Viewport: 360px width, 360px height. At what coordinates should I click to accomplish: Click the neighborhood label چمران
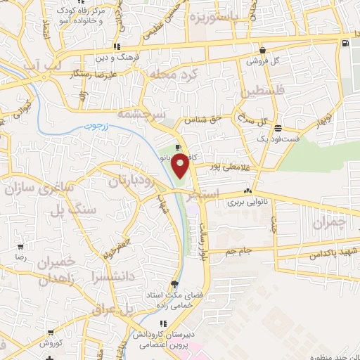click(x=328, y=224)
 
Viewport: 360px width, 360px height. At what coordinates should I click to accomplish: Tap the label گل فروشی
click(x=262, y=60)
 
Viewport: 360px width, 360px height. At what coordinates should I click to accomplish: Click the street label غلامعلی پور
click(x=215, y=167)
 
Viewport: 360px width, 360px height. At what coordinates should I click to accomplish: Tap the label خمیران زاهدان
click(x=53, y=270)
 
